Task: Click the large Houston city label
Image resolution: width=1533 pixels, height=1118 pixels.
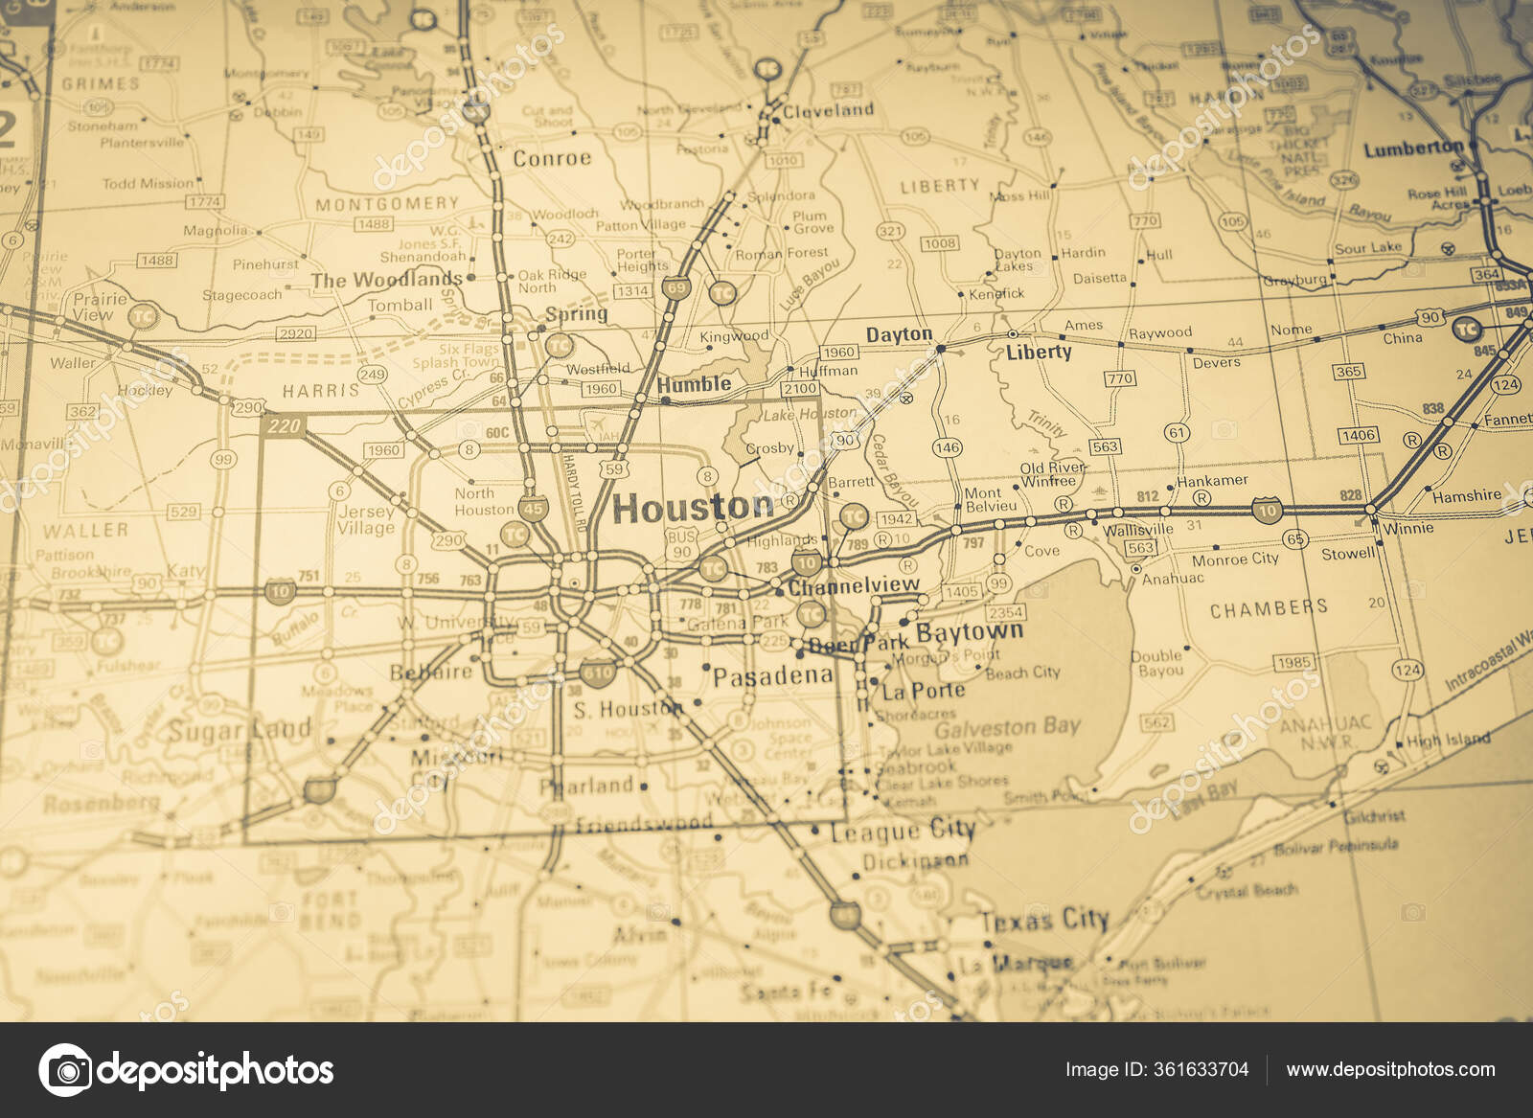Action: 693,508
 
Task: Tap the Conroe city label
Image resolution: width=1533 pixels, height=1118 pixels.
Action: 552,158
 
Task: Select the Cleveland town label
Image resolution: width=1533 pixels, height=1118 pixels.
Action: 828,110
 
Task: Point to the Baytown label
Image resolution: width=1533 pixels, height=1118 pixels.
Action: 970,632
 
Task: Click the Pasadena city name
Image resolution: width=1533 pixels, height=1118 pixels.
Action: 772,676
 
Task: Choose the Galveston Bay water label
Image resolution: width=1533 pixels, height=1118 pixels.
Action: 1007,728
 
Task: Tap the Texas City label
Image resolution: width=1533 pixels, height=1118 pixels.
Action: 1043,921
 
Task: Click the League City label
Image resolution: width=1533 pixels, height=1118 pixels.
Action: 902,831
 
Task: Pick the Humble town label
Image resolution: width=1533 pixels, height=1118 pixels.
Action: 695,384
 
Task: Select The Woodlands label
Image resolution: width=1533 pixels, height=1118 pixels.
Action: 386,280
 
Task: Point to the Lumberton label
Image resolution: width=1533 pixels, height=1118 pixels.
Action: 1413,148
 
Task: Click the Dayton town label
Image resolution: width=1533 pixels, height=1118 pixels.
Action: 899,334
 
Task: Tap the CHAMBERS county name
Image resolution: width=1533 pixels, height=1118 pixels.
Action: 1269,608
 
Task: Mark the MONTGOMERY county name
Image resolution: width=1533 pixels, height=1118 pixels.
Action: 387,204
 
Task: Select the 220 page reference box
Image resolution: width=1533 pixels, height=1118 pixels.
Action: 285,425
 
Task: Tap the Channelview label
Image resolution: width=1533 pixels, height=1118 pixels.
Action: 853,585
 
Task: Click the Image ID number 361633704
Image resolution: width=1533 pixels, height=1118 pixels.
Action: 1156,1069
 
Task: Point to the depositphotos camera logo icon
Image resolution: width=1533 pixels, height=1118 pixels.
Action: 66,1070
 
